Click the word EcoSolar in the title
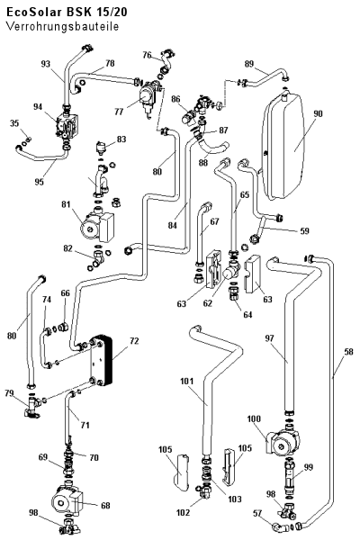(x=33, y=13)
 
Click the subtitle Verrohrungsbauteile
(x=62, y=26)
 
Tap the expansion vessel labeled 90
(x=284, y=146)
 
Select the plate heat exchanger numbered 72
(x=101, y=361)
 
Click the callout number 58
(x=348, y=352)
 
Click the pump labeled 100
(x=284, y=443)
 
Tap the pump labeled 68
(x=67, y=499)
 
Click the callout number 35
(x=14, y=123)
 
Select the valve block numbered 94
(x=69, y=126)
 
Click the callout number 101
(x=186, y=382)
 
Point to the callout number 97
(x=269, y=338)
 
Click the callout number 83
(x=121, y=139)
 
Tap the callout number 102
(x=183, y=513)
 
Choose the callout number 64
(x=247, y=314)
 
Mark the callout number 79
(x=10, y=393)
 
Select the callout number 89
(x=249, y=64)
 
